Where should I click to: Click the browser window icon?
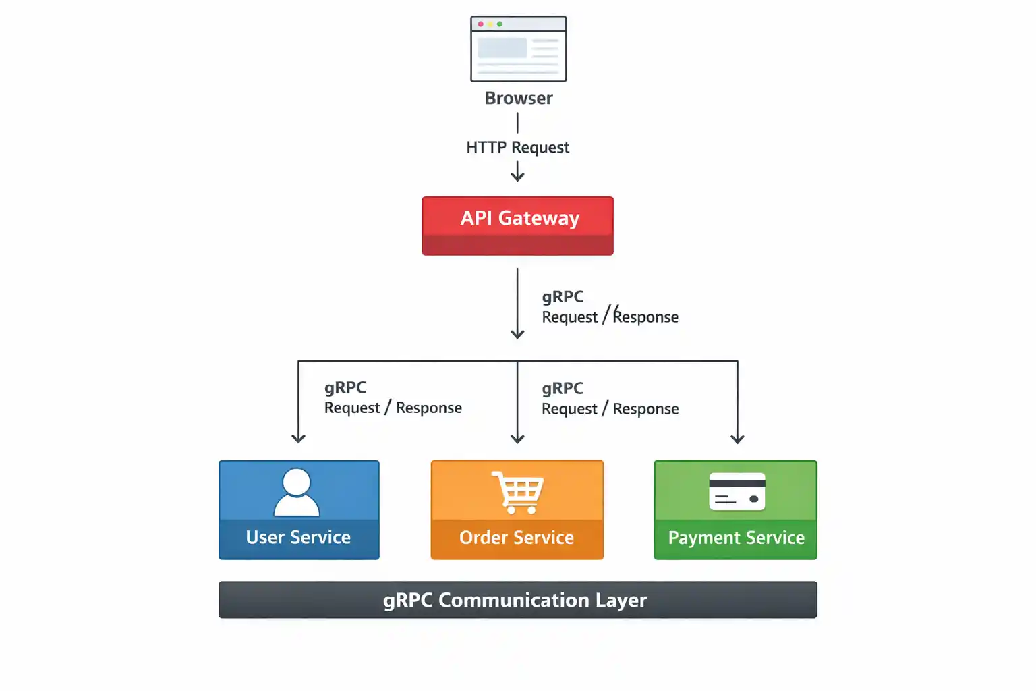(x=518, y=49)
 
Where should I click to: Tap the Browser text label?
(x=518, y=99)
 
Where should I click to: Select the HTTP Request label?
(x=517, y=147)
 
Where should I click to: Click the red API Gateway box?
(x=517, y=225)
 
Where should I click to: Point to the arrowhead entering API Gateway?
(x=517, y=177)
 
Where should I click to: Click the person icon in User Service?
(x=297, y=492)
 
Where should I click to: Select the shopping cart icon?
(x=518, y=492)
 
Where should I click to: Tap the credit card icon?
(x=737, y=491)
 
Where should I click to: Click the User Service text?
(x=298, y=537)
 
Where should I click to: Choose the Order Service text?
(x=517, y=538)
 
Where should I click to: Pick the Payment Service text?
(x=736, y=538)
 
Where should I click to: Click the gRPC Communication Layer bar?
(x=517, y=600)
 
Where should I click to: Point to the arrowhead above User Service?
(x=298, y=439)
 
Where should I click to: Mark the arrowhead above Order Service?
(x=517, y=439)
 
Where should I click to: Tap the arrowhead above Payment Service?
(x=737, y=439)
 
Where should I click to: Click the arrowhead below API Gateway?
(x=517, y=333)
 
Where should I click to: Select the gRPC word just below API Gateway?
(x=563, y=297)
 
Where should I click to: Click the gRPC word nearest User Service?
(x=345, y=387)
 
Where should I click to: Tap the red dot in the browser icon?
(x=480, y=24)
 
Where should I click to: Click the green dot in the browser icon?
(x=500, y=24)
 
